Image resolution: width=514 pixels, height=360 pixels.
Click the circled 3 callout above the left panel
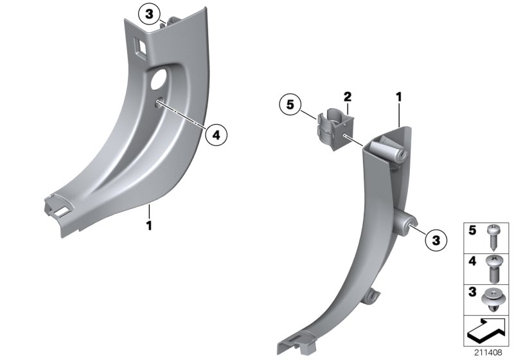(149, 13)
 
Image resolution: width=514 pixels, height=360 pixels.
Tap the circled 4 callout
(216, 134)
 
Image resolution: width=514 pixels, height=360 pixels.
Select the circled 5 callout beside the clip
(290, 104)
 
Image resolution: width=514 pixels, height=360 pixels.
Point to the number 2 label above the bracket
(347, 97)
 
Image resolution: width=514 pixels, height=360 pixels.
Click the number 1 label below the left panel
(148, 226)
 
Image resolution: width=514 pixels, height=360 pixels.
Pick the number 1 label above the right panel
(398, 97)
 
